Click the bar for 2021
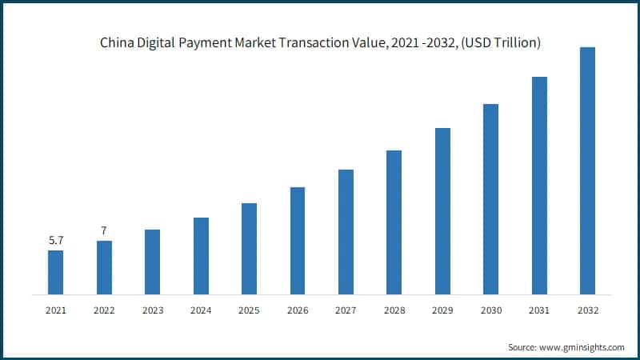[55, 272]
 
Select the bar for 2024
[201, 255]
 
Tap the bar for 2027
[346, 231]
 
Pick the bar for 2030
[490, 198]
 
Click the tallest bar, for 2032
[587, 170]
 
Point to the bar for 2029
[442, 210]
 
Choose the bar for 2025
[249, 248]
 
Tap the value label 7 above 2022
[104, 230]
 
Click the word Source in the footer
[523, 347]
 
